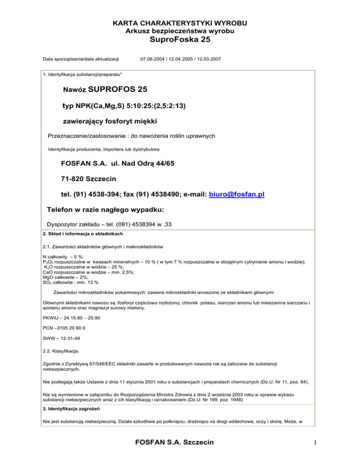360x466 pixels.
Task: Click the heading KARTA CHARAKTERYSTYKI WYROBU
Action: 180,23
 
